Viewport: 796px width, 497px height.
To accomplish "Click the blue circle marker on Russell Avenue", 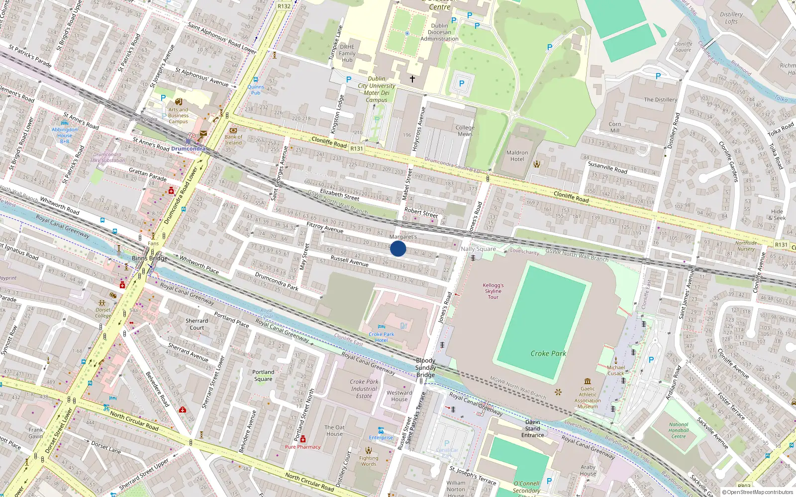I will (398, 248).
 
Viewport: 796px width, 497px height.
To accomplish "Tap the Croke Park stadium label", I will (548, 353).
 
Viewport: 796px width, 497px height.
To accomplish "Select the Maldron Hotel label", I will (517, 156).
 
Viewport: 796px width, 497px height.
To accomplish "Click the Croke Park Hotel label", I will (381, 337).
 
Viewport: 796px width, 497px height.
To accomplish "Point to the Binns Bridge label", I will (149, 258).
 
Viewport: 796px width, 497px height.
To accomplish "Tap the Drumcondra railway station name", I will (188, 149).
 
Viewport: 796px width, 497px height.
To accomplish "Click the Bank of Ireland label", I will (233, 140).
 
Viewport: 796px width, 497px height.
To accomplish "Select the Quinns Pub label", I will (256, 89).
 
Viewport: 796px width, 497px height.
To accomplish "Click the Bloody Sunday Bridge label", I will (425, 368).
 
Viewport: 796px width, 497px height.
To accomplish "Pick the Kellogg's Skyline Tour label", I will (493, 291).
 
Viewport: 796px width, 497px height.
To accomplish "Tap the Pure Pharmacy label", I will (302, 447).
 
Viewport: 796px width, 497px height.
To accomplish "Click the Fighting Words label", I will (369, 461).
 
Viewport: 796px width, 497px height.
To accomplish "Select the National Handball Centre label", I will (679, 430).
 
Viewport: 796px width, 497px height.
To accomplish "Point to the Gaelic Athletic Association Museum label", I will (588, 398).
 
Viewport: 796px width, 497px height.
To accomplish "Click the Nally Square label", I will (478, 248).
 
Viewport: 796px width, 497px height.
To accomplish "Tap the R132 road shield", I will (284, 6).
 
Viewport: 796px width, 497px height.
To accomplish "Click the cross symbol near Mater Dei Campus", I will (412, 79).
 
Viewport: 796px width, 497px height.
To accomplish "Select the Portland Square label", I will (263, 375).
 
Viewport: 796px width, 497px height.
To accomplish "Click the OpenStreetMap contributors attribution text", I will (757, 493).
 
